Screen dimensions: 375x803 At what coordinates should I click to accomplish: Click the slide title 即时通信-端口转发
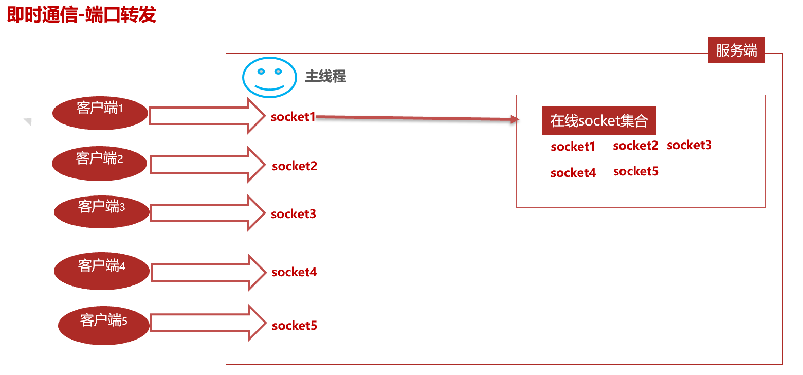[81, 15]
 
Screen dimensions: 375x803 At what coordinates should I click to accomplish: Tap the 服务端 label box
[736, 50]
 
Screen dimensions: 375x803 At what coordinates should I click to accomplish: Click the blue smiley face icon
[270, 77]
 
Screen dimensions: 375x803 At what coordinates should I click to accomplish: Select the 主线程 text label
[325, 77]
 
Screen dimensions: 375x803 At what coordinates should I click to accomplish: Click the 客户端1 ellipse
[100, 113]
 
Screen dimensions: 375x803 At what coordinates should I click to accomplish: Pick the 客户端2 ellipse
[100, 164]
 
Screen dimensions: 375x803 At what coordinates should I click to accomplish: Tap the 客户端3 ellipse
[102, 211]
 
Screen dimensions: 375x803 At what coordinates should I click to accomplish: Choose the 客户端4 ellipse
[102, 271]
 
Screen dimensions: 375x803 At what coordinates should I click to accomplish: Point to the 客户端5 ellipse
[104, 326]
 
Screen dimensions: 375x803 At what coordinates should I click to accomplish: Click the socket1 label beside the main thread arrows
[293, 117]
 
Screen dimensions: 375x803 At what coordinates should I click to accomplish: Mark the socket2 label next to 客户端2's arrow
[295, 166]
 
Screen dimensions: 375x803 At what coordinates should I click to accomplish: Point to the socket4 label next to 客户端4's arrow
[294, 272]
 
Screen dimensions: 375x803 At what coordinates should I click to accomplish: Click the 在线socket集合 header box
[599, 121]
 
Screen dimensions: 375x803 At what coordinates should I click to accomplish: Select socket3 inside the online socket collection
[689, 146]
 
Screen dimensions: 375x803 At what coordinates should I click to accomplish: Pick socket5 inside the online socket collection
[635, 172]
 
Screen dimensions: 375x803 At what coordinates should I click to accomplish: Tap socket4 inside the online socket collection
[573, 173]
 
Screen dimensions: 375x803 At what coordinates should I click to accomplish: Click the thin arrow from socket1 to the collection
[416, 118]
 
